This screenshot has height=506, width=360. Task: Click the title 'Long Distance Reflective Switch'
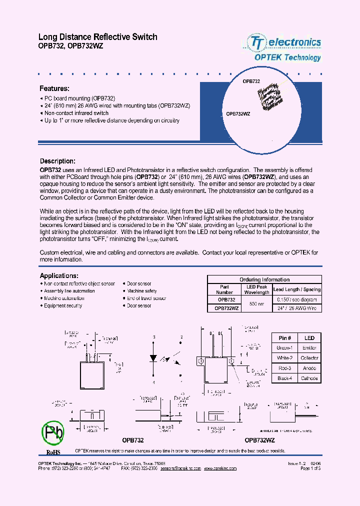(98, 37)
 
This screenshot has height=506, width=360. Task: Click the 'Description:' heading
(57, 161)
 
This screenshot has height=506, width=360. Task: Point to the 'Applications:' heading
(59, 275)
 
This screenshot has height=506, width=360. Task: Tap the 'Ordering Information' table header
(264, 279)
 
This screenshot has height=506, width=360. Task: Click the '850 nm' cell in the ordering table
(257, 304)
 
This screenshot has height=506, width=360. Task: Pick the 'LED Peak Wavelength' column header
(257, 289)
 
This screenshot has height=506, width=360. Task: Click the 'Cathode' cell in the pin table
(309, 378)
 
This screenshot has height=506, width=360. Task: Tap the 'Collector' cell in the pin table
(309, 358)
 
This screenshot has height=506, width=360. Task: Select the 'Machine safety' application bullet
(142, 291)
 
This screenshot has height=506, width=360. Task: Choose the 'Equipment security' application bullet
(63, 305)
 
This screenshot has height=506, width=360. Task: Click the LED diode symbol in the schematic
(154, 359)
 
